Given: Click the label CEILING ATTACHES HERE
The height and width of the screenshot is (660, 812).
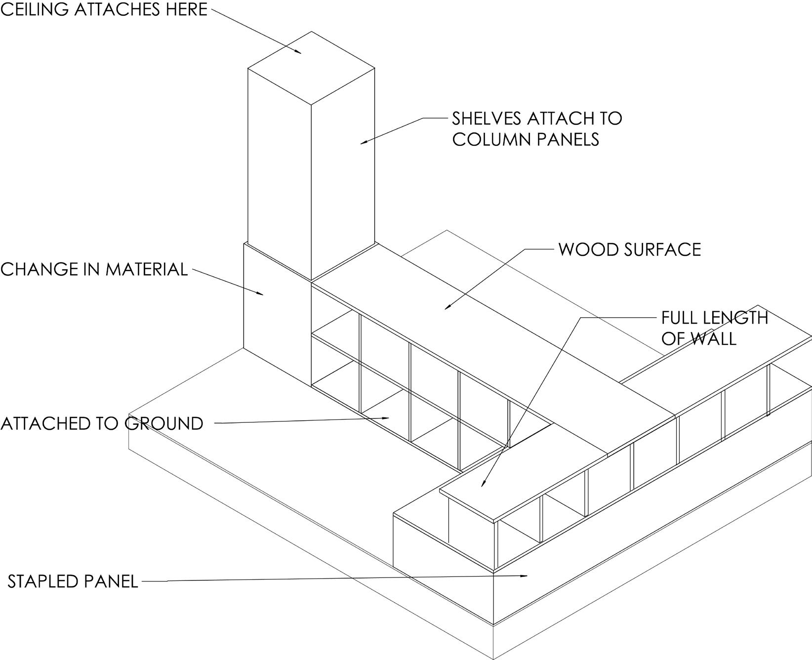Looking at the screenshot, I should click(104, 9).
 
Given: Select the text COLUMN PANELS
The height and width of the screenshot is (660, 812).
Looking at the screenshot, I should click(526, 140).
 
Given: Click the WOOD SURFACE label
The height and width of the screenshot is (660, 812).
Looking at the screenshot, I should click(629, 249).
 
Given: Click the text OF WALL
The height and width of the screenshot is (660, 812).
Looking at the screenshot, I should click(698, 339).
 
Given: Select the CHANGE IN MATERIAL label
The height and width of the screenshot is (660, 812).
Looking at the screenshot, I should click(94, 269).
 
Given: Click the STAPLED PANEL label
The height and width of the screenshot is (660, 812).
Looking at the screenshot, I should click(73, 581).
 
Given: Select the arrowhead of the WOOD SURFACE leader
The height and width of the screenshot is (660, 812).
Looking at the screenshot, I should click(447, 308).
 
